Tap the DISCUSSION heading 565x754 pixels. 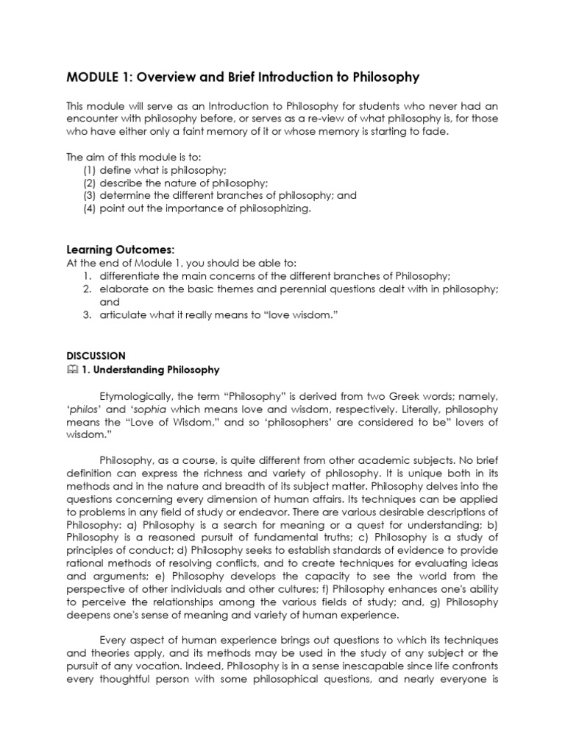point(96,355)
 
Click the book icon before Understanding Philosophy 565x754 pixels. point(71,370)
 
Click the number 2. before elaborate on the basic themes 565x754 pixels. point(87,289)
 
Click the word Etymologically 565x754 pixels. point(145,395)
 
